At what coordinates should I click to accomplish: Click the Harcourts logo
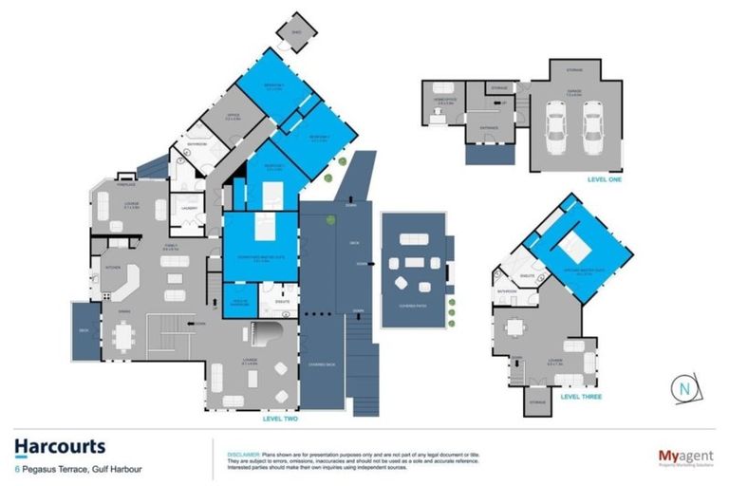coord(60,446)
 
